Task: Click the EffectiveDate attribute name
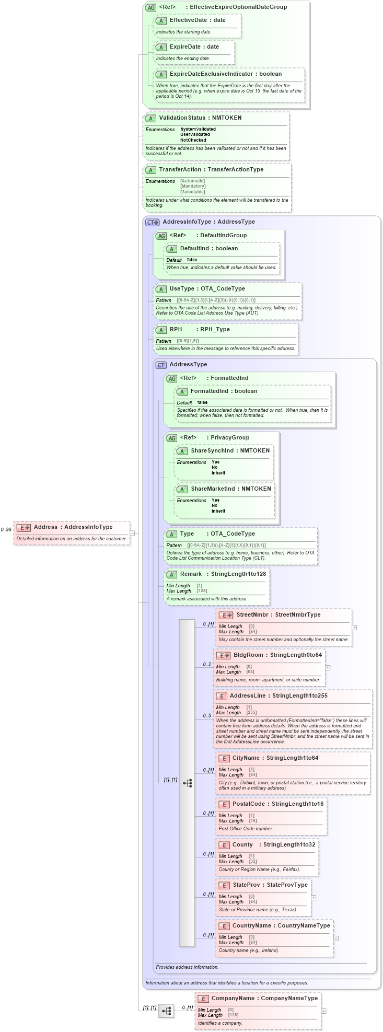pyautogui.click(x=188, y=20)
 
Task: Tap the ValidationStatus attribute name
pyautogui.click(x=182, y=118)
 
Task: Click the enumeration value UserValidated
pyautogui.click(x=195, y=135)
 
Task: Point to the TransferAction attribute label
pyautogui.click(x=180, y=170)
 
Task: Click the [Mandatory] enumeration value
pyautogui.click(x=193, y=187)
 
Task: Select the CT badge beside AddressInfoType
pyautogui.click(x=152, y=222)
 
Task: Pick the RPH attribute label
pyautogui.click(x=176, y=330)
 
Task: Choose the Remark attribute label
pyautogui.click(x=191, y=574)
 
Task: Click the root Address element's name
pyautogui.click(x=45, y=527)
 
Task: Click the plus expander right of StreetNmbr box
pyautogui.click(x=354, y=628)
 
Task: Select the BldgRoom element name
pyautogui.click(x=248, y=655)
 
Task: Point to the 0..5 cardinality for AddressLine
pyautogui.click(x=207, y=716)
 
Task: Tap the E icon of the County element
pyautogui.click(x=224, y=845)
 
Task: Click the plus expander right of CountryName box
pyautogui.click(x=336, y=938)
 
